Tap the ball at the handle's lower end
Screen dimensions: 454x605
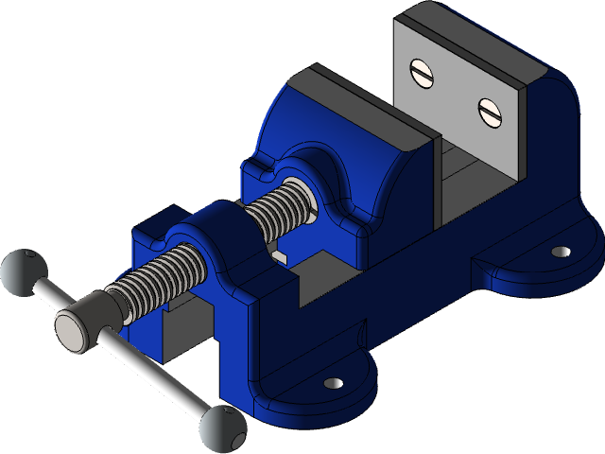coord(222,429)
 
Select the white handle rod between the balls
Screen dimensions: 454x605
coord(142,363)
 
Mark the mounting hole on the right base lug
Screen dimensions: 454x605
coord(561,253)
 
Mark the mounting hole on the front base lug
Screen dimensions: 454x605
coord(333,383)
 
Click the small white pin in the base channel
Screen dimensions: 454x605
coord(282,255)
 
